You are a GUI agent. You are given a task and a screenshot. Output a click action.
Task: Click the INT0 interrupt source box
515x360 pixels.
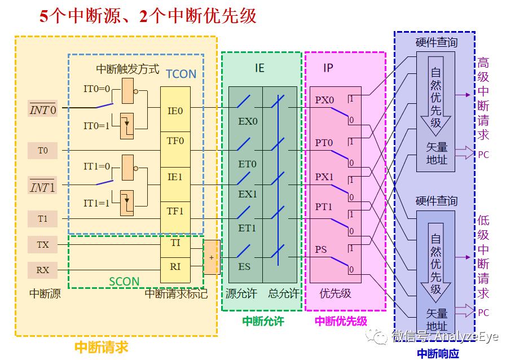[43, 109]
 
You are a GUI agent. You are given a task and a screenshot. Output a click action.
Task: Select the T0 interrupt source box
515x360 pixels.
[43, 151]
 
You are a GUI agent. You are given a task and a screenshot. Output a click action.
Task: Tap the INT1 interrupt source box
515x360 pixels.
[43, 187]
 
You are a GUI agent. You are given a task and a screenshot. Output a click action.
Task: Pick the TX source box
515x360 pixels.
[43, 245]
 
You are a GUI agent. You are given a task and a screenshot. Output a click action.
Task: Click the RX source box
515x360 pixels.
[43, 270]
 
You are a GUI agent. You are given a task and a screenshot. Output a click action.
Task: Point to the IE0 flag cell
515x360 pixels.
[175, 111]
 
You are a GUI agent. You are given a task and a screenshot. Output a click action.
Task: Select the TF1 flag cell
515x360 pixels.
[175, 211]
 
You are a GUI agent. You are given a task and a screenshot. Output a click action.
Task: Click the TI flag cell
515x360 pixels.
[175, 243]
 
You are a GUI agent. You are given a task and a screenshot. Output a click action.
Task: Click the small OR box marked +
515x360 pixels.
[212, 257]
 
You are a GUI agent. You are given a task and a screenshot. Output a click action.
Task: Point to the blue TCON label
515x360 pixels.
[181, 73]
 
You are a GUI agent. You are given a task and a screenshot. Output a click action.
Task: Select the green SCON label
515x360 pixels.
[124, 281]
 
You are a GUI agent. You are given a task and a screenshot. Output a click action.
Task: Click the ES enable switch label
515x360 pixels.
[244, 266]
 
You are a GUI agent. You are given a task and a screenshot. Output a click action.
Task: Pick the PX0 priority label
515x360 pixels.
[324, 100]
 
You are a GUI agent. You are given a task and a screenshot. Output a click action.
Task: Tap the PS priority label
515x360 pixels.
[321, 249]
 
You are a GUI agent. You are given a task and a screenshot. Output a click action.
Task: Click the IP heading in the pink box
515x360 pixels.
[328, 68]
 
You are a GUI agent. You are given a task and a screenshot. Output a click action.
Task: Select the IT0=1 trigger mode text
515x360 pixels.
[98, 126]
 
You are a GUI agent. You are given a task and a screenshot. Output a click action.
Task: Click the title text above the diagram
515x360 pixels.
[148, 16]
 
